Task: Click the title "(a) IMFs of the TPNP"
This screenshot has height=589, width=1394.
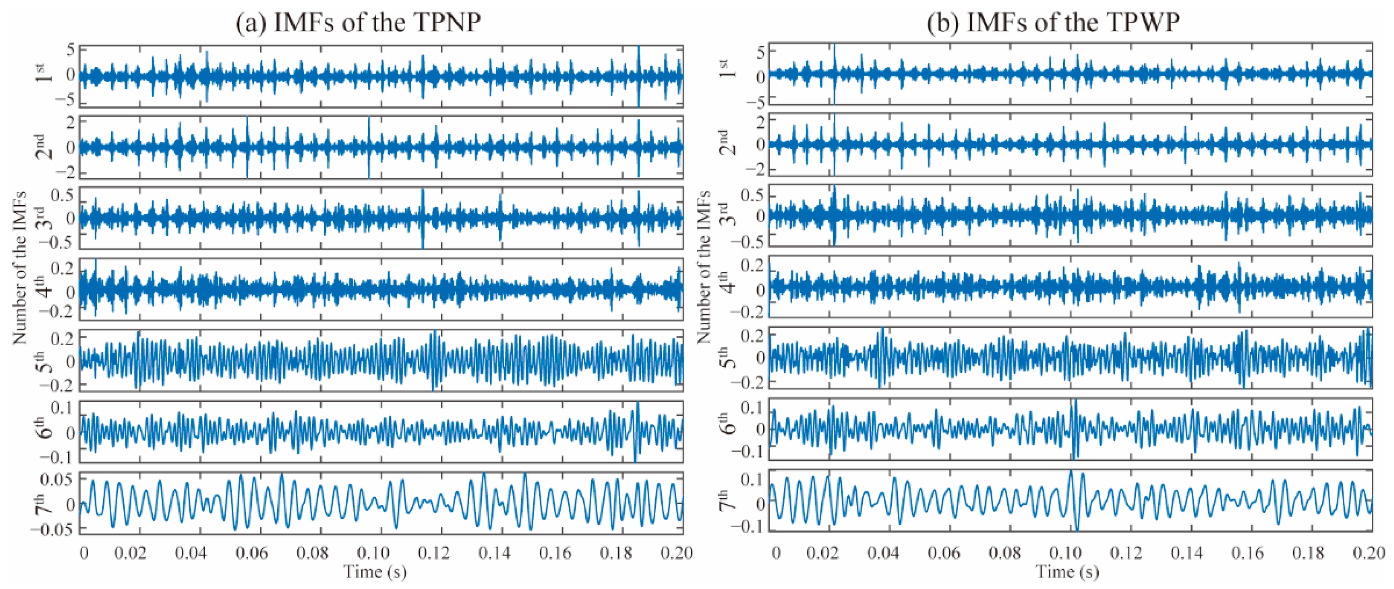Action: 358,23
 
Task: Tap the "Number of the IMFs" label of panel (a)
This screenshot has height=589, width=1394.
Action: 20,267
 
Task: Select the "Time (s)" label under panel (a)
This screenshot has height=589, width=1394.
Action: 375,572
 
